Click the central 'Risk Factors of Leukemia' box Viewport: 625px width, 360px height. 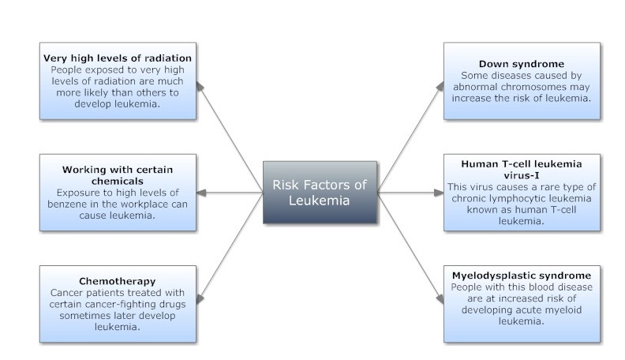pyautogui.click(x=320, y=193)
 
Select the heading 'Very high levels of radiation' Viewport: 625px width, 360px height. pyautogui.click(x=118, y=58)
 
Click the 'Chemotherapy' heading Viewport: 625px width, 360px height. pyautogui.click(x=118, y=281)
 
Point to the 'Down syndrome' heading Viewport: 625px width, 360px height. pyautogui.click(x=522, y=64)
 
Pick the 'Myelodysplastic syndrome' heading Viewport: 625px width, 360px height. pyautogui.click(x=522, y=276)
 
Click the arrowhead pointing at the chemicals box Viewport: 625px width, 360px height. pyautogui.click(x=201, y=193)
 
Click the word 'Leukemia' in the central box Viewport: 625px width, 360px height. pyautogui.click(x=320, y=201)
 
